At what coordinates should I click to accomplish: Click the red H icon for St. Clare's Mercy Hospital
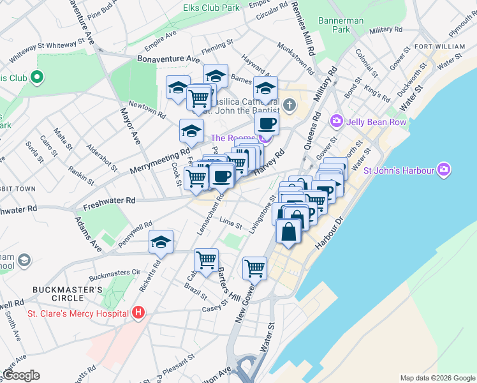pyautogui.click(x=138, y=313)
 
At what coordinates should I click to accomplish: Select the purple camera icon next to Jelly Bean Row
pyautogui.click(x=336, y=121)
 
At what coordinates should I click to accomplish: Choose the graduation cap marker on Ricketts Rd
pyautogui.click(x=161, y=242)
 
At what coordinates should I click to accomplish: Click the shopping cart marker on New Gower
pyautogui.click(x=254, y=267)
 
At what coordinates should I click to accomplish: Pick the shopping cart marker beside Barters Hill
pyautogui.click(x=206, y=260)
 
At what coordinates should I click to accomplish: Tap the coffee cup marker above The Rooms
pyautogui.click(x=267, y=123)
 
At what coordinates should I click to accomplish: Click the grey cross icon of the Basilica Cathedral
pyautogui.click(x=289, y=104)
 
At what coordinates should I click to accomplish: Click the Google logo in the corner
pyautogui.click(x=20, y=375)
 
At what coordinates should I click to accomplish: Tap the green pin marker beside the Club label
pyautogui.click(x=36, y=78)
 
